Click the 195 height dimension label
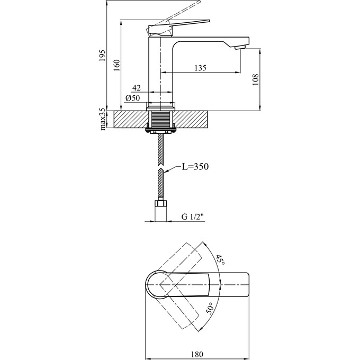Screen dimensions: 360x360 [103, 55]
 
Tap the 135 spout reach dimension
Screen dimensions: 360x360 [200, 67]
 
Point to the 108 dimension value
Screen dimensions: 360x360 [255, 79]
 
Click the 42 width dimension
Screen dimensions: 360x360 [136, 88]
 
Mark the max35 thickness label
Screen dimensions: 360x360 [103, 119]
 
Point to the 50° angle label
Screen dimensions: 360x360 [210, 308]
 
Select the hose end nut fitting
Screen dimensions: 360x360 [160, 203]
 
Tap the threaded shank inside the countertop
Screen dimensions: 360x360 [160, 119]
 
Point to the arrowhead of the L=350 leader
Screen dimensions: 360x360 [166, 172]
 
